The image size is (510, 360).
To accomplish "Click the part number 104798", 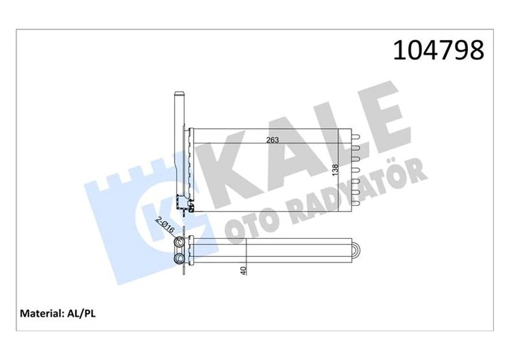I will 439,49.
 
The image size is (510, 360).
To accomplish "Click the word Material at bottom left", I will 41,313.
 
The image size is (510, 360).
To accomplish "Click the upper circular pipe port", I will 180,243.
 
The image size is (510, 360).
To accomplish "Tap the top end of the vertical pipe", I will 178,95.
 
